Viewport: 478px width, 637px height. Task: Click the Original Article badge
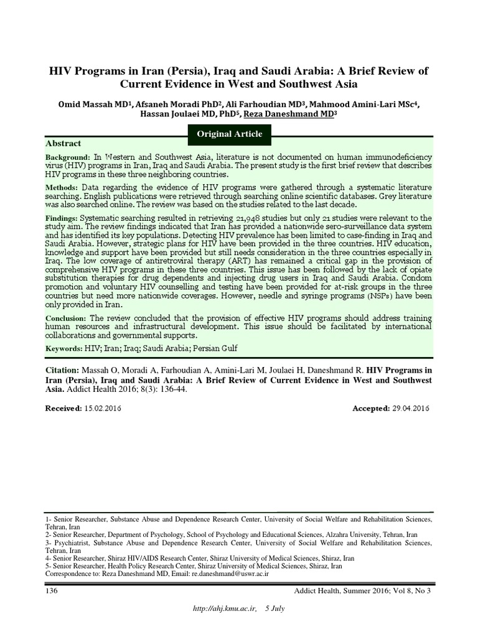230,134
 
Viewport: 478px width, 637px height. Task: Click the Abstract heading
64,143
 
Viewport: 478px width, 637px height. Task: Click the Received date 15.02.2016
102,407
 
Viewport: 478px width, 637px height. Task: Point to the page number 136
51,590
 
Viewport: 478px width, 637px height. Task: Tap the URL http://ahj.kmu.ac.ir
224,608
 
